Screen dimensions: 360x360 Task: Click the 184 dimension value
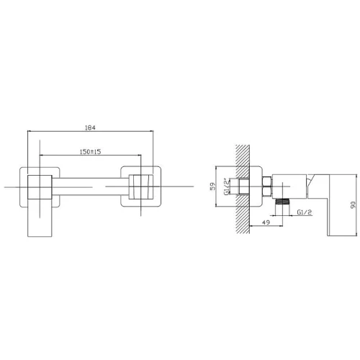(90, 127)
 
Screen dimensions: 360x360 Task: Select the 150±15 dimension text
(90, 152)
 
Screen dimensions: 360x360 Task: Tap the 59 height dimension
(213, 186)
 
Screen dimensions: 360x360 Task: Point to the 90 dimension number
(353, 204)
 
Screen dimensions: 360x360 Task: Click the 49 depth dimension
(266, 222)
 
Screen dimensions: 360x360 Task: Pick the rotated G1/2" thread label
(227, 186)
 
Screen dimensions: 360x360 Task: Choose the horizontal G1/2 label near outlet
(304, 212)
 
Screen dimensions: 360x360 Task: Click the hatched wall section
(243, 189)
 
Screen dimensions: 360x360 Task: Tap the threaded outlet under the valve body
(283, 202)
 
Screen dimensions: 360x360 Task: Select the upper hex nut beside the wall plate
(267, 181)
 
